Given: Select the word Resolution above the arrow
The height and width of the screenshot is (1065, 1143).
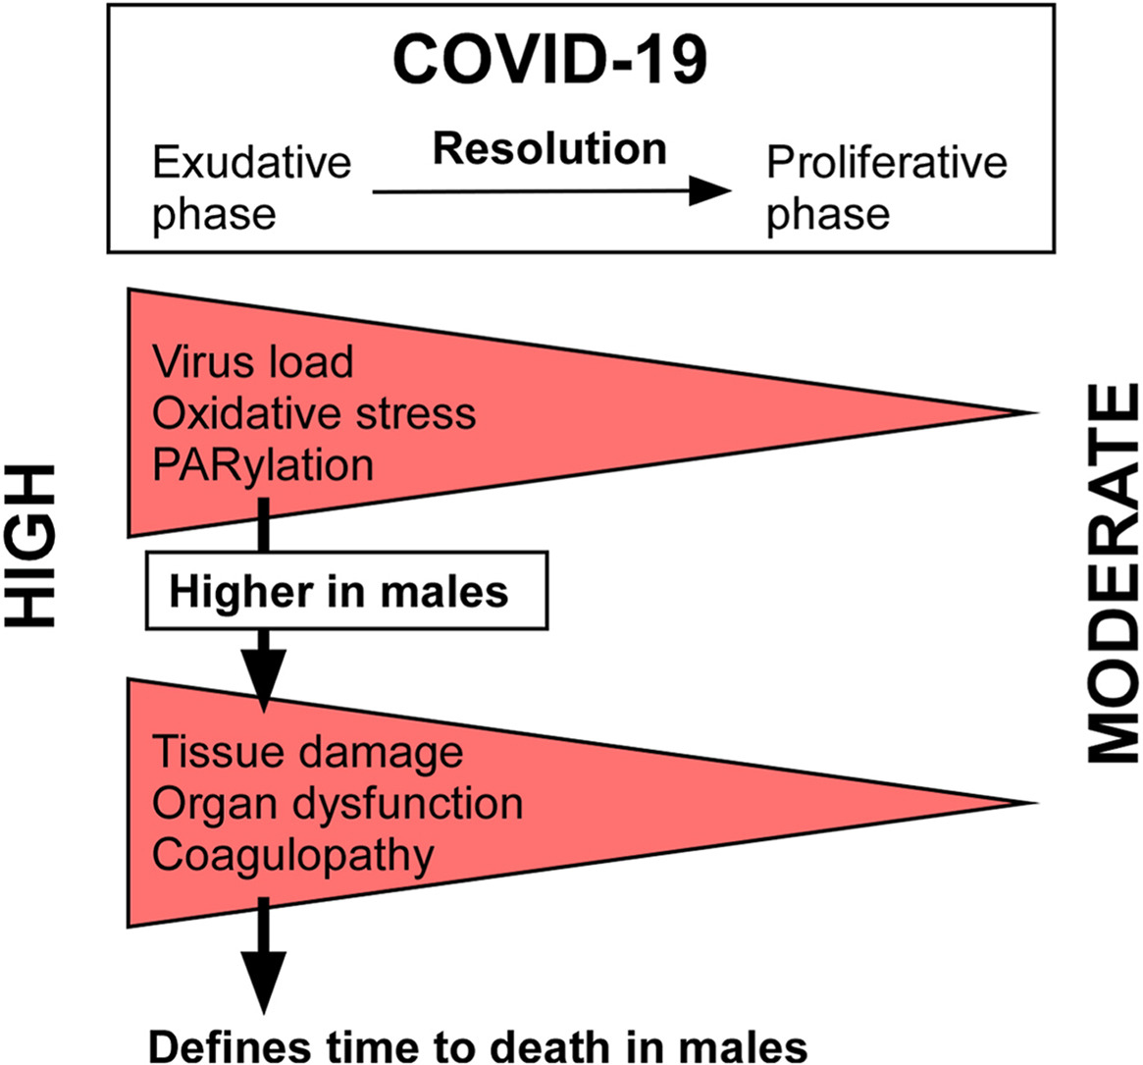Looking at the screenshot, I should tap(549, 148).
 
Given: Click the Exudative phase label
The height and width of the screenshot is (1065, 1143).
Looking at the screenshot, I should tap(251, 188).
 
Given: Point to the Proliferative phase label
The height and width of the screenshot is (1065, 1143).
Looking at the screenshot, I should tap(886, 188).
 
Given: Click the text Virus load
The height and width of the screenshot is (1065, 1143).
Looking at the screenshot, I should tap(253, 361).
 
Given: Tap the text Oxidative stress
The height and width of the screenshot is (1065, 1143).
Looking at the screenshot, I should tap(314, 413).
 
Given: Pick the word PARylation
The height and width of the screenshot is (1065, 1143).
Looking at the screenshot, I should tap(263, 464).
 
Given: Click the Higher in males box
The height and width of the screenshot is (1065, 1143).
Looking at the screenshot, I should tap(346, 591).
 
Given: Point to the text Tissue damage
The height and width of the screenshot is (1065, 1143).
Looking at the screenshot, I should tap(308, 752).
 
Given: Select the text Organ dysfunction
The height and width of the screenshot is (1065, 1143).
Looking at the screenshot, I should tap(338, 803).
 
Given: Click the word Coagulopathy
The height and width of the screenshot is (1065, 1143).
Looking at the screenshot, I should tap(292, 855).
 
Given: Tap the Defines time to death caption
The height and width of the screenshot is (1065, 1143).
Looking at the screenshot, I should tap(478, 1045).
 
